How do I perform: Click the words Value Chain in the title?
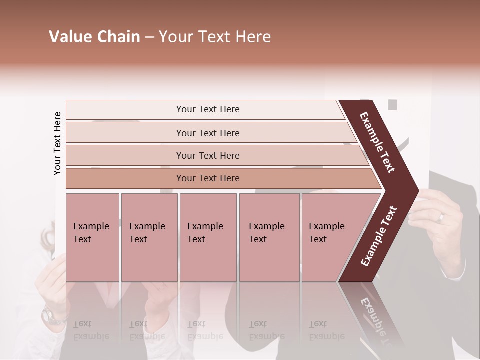click(94, 37)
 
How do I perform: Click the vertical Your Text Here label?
click(57, 143)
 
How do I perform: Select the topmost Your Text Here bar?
click(207, 109)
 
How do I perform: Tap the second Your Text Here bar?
click(207, 133)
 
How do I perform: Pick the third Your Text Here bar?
click(207, 155)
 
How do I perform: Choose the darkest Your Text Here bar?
click(207, 178)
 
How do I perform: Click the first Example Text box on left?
click(92, 237)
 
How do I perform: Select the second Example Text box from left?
click(149, 237)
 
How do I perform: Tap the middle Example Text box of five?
click(208, 237)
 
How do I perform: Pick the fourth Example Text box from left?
click(269, 237)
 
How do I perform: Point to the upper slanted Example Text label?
click(378, 142)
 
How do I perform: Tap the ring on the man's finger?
click(441, 217)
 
